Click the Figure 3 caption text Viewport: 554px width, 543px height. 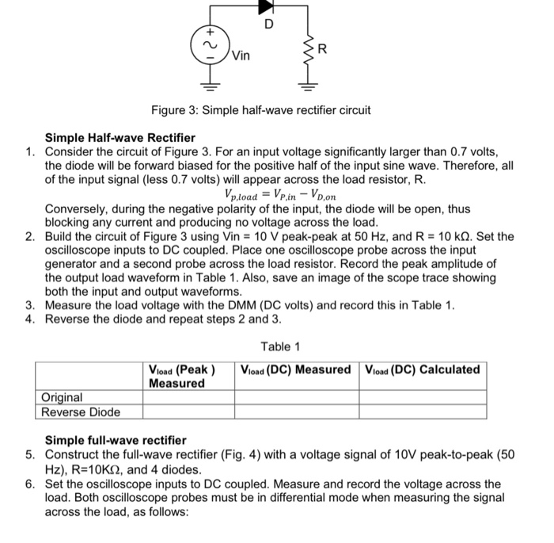pos(260,109)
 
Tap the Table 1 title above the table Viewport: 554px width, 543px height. pos(280,346)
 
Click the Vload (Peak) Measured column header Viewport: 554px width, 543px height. pos(182,376)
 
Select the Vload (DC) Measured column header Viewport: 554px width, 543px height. pos(294,369)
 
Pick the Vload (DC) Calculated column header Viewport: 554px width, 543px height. pos(422,369)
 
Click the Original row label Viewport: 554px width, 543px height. pos(62,397)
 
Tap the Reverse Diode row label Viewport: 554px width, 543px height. pos(81,411)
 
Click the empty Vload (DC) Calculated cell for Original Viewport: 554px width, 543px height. pos(423,397)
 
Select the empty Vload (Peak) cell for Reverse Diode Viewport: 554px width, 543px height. pos(189,411)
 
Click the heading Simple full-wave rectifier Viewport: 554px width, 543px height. pos(116,440)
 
